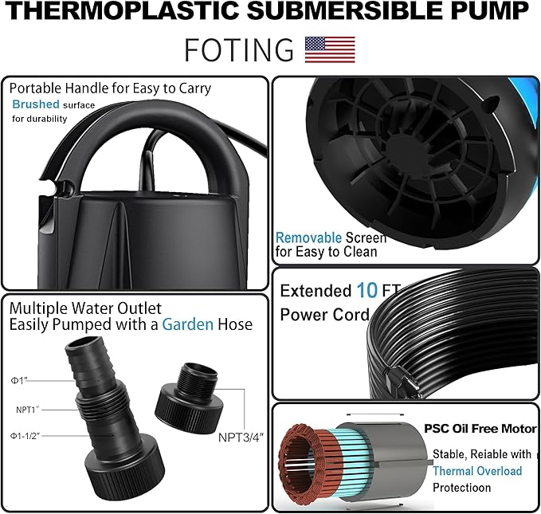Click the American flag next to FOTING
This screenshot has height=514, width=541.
click(x=330, y=49)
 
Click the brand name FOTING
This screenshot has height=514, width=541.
click(x=239, y=49)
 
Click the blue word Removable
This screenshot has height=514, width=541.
click(x=308, y=237)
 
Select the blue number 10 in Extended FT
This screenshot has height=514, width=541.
click(x=367, y=291)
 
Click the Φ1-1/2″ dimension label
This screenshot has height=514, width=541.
click(x=26, y=436)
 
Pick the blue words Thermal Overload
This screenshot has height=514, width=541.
click(x=477, y=471)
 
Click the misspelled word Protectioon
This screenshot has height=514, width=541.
click(x=462, y=487)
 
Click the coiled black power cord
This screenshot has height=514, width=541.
click(x=454, y=335)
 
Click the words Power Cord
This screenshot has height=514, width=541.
click(x=324, y=314)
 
